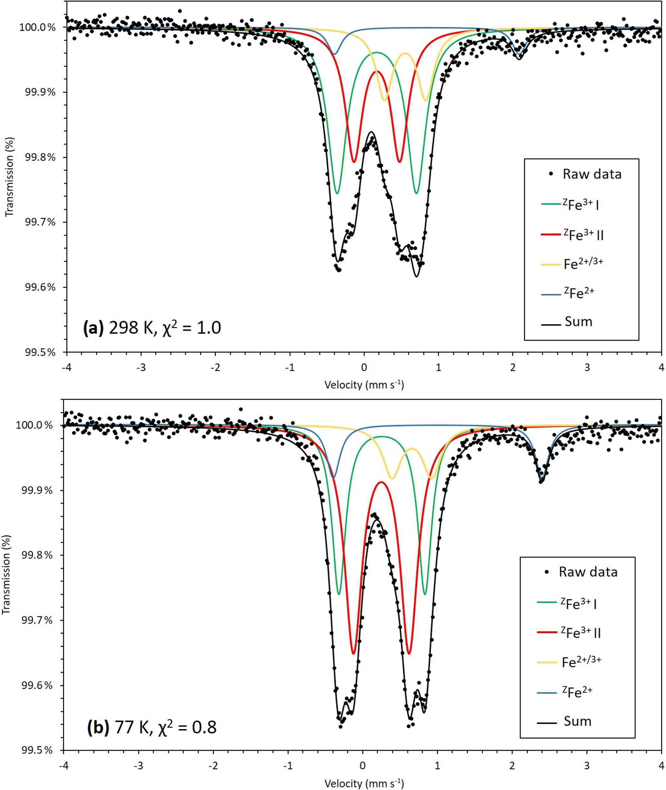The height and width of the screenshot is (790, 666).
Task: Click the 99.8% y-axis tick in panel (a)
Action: tap(40, 157)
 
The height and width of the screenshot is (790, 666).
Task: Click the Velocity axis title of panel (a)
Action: tap(364, 385)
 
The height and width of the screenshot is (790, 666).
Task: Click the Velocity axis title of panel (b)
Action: tap(364, 783)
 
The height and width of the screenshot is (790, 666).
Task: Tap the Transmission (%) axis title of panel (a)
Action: tap(9, 176)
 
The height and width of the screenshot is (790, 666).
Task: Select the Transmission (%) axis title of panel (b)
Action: tap(6, 574)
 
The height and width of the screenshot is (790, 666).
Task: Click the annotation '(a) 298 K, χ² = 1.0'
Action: tap(152, 327)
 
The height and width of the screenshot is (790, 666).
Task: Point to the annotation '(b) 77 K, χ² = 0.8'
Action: tap(152, 727)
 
